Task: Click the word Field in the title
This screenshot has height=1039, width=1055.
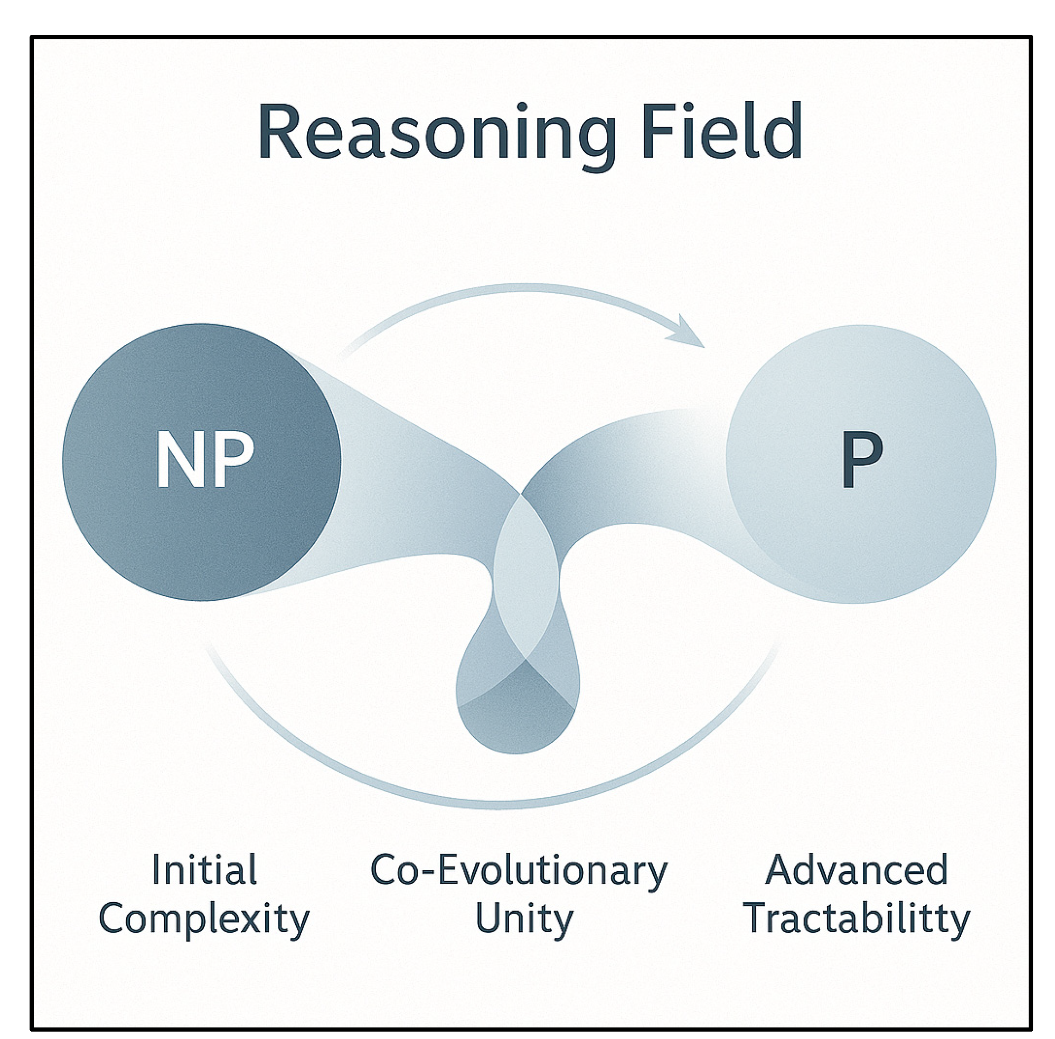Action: [722, 131]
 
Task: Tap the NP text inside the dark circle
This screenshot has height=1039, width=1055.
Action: [205, 460]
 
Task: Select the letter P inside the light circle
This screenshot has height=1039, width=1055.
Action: [861, 460]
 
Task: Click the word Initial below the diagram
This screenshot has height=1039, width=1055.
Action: [204, 869]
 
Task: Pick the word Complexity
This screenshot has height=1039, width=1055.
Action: [204, 919]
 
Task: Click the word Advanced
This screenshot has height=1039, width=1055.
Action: [856, 869]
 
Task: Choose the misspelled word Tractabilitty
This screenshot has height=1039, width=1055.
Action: [856, 919]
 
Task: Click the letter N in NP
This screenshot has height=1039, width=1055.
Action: [178, 460]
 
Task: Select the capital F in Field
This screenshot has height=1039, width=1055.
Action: [657, 131]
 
